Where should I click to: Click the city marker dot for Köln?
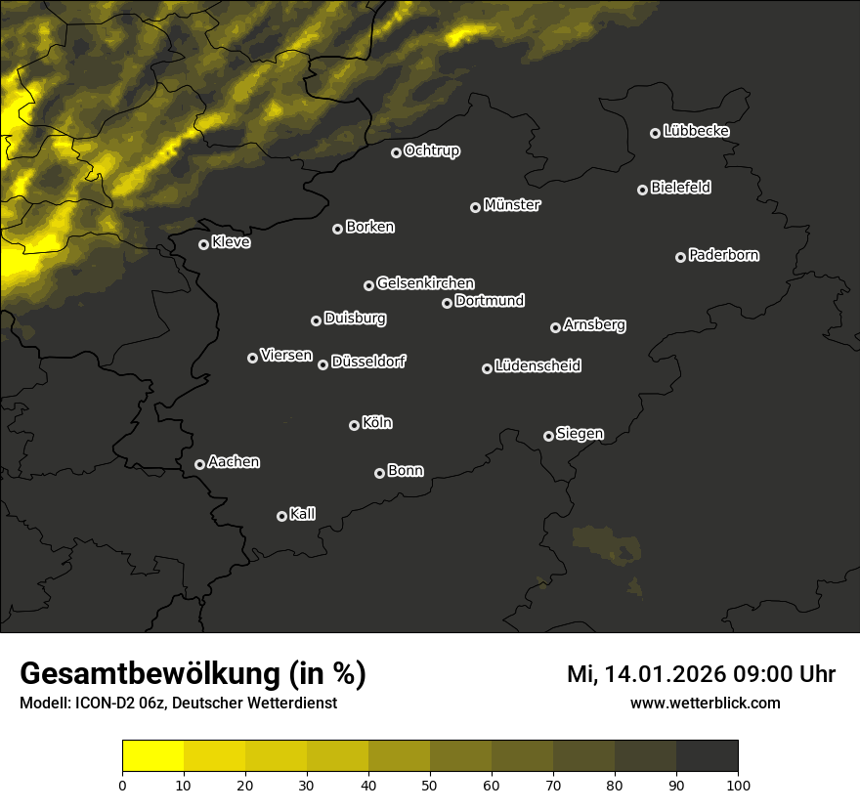click(354, 425)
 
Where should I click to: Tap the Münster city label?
click(512, 205)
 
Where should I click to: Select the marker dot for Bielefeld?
click(642, 190)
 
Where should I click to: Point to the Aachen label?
click(234, 462)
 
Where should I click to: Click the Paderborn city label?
click(723, 255)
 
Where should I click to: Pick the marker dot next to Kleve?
click(203, 244)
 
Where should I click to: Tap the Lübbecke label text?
click(696, 131)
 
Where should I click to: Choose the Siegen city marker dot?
click(548, 436)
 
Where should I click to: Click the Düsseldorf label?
click(368, 362)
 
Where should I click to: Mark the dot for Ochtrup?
click(396, 152)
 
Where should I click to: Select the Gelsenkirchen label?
click(425, 283)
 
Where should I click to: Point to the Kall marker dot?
click(281, 516)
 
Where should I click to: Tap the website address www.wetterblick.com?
click(705, 703)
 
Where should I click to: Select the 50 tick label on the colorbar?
click(430, 785)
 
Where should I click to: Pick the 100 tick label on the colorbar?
click(737, 785)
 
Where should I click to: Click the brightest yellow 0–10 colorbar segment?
click(153, 756)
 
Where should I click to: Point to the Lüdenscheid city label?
click(537, 366)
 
